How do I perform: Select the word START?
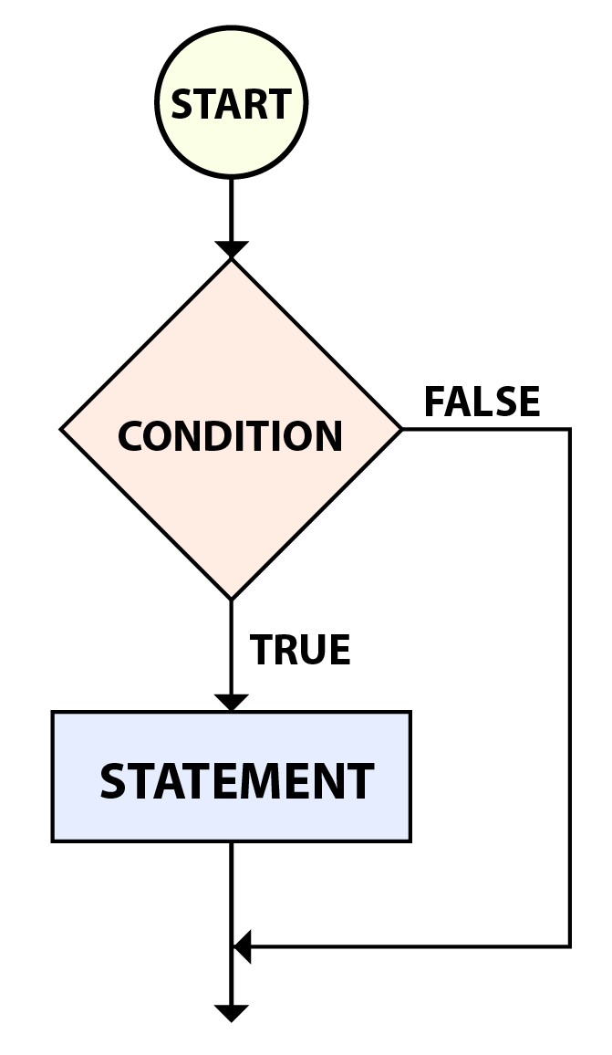click(x=231, y=104)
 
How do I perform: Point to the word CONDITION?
click(x=230, y=436)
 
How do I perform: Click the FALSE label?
click(x=482, y=402)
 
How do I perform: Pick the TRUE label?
click(x=300, y=650)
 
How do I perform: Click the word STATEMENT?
click(x=236, y=782)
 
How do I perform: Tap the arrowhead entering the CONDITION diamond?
click(x=231, y=249)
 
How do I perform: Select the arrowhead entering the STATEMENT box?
click(x=231, y=703)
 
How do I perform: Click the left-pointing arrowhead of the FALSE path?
click(x=242, y=946)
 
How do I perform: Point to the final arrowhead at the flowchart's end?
click(x=231, y=1012)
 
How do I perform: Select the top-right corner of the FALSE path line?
click(x=570, y=429)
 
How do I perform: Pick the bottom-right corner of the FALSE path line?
click(x=570, y=946)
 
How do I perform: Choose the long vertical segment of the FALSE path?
click(x=570, y=684)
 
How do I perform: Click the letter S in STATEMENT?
click(x=112, y=782)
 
